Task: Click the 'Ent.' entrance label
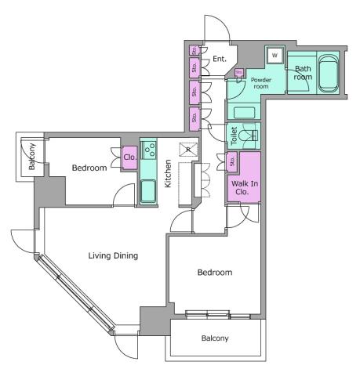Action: [220, 59]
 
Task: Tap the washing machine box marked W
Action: [274, 56]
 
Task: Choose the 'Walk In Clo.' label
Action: [244, 186]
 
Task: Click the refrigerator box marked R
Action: [188, 149]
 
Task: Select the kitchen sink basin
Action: [148, 190]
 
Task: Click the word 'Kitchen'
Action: [168, 174]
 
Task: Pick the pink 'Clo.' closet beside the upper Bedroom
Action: [130, 157]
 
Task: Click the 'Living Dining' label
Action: [113, 255]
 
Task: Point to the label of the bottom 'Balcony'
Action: [214, 338]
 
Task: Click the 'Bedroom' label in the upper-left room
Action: [89, 168]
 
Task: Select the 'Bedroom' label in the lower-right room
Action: [214, 273]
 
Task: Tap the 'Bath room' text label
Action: [303, 73]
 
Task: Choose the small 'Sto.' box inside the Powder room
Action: [238, 73]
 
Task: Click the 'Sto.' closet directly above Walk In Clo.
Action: [232, 161]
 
